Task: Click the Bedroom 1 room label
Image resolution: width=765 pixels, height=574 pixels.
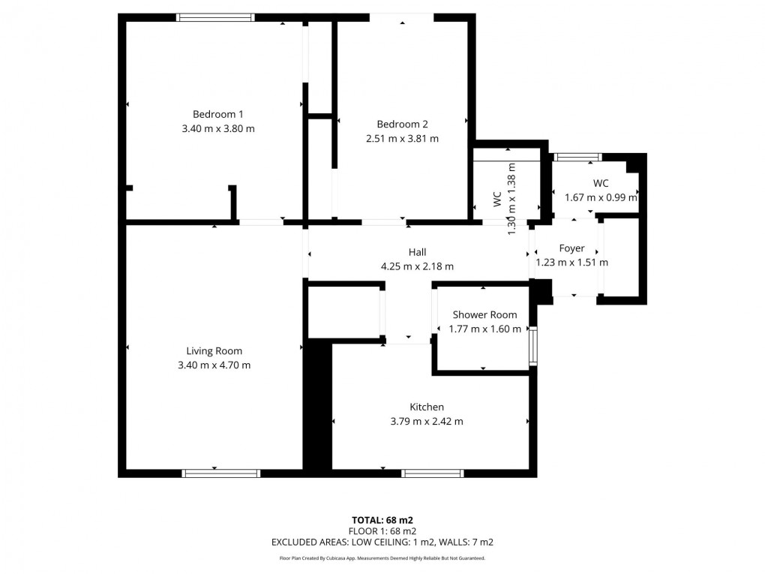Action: click(x=217, y=114)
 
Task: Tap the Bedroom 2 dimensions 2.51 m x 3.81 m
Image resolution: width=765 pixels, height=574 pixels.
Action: click(x=402, y=138)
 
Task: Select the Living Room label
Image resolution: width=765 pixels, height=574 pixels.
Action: click(x=214, y=350)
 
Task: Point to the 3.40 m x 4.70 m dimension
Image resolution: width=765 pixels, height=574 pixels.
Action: click(x=214, y=365)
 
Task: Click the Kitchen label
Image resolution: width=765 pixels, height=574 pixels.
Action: click(x=426, y=407)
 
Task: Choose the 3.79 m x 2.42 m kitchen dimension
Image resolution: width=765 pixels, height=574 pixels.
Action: click(x=426, y=422)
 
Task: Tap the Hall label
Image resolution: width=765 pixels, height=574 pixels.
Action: click(x=417, y=252)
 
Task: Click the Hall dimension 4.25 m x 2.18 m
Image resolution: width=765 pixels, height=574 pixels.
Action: click(x=417, y=266)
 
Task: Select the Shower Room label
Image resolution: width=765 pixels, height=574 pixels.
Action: click(x=484, y=314)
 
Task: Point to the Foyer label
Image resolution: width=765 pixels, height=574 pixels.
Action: click(x=571, y=248)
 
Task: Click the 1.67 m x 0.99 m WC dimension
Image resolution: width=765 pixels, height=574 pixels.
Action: click(x=601, y=198)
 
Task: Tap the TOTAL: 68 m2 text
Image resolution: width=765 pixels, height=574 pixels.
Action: click(x=382, y=520)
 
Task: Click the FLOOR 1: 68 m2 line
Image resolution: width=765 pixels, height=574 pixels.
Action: click(x=382, y=530)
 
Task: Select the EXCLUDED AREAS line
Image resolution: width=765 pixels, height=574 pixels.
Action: click(x=382, y=542)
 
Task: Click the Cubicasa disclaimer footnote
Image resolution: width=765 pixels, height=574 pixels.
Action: click(x=382, y=558)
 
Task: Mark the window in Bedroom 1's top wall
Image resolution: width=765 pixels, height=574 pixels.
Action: click(x=215, y=17)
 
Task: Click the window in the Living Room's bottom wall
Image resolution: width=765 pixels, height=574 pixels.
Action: click(x=220, y=473)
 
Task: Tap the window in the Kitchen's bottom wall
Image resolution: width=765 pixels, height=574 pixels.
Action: click(x=432, y=473)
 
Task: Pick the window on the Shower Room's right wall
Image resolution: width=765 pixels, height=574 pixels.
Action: click(x=533, y=345)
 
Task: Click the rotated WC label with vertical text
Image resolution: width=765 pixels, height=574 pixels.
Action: click(x=496, y=199)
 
